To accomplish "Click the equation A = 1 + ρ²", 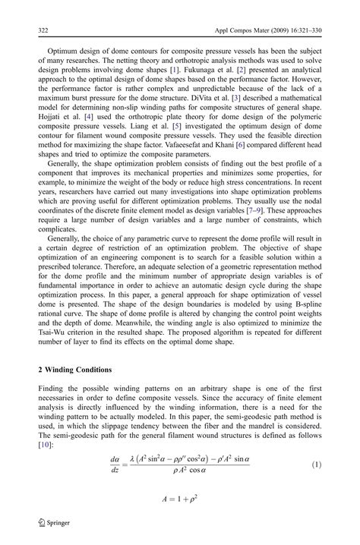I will [x=179, y=499].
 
